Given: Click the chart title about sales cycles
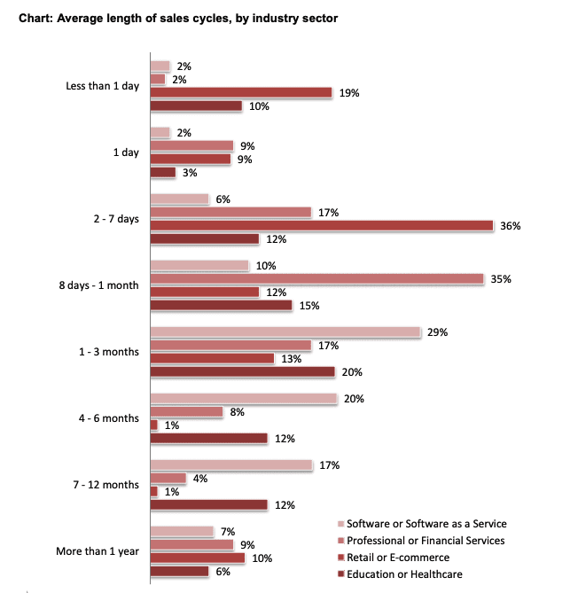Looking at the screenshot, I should pyautogui.click(x=181, y=18).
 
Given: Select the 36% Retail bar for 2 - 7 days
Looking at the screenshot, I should pyautogui.click(x=321, y=226).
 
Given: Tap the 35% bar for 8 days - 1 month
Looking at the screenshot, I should pyautogui.click(x=316, y=279).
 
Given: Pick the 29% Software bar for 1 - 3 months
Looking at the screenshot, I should pyautogui.click(x=285, y=332).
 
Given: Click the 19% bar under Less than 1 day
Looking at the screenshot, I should pyautogui.click(x=240, y=93).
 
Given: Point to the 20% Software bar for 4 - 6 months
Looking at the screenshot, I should pyautogui.click(x=244, y=399).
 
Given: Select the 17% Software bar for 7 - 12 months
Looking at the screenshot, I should pyautogui.click(x=231, y=465).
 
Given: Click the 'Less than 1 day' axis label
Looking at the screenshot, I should pyautogui.click(x=102, y=86).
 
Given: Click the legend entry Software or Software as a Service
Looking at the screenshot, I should pyautogui.click(x=426, y=523).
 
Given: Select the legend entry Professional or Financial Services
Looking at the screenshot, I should pyautogui.click(x=426, y=540).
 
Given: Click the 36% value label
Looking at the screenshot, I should pyautogui.click(x=510, y=226).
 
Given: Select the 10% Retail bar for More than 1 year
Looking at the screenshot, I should pyautogui.click(x=197, y=558).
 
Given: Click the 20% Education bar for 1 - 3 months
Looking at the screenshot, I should pyautogui.click(x=242, y=372).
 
